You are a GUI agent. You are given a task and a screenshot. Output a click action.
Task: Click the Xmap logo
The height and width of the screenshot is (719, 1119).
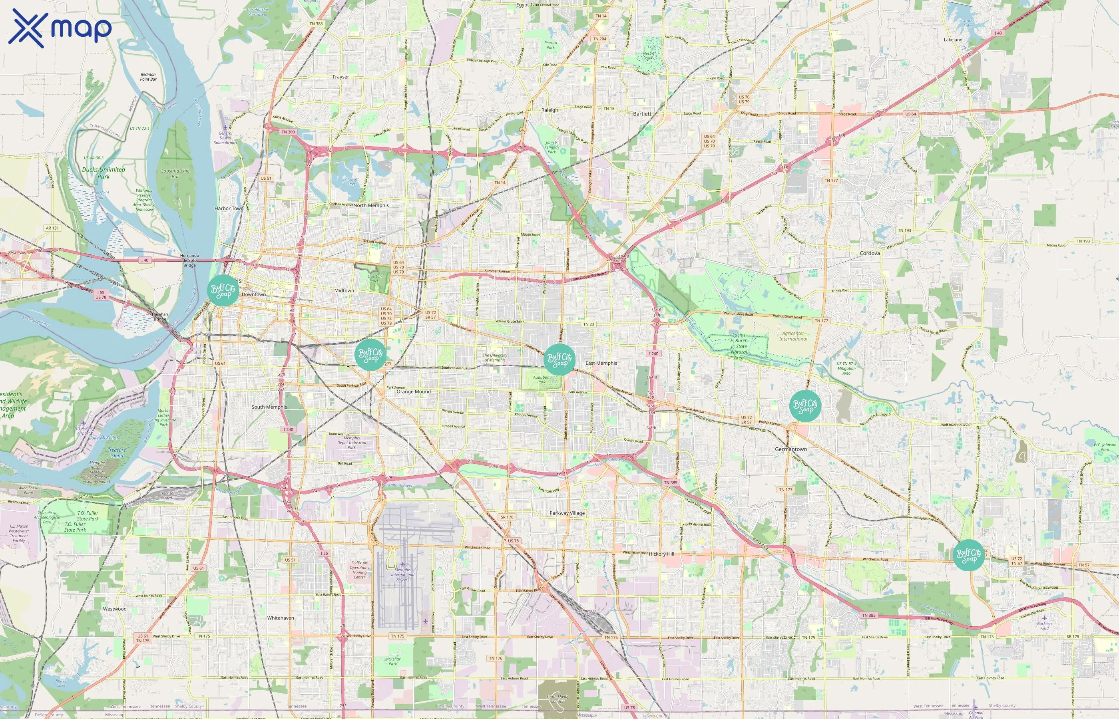60,28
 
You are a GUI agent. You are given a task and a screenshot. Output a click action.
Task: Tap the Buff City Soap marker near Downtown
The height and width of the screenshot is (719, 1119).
223,290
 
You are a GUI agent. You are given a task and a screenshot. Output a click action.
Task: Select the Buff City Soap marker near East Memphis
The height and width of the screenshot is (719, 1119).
559,359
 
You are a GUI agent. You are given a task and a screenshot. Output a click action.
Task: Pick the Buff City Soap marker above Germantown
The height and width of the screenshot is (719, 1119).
805,406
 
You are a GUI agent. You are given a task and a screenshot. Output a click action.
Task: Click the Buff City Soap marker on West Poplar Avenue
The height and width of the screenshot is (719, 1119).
969,555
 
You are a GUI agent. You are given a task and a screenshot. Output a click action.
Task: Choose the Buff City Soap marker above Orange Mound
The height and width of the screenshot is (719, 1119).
370,355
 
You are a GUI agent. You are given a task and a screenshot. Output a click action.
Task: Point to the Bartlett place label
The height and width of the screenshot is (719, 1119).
642,114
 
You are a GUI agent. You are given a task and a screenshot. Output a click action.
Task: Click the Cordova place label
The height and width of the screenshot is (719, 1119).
870,253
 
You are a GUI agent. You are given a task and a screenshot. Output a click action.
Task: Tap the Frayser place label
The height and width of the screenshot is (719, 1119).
340,77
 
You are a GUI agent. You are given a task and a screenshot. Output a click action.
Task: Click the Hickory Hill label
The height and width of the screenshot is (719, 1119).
661,554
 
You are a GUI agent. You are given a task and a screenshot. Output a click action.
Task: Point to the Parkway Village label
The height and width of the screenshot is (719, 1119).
567,513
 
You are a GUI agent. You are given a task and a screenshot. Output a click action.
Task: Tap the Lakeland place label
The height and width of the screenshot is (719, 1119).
953,40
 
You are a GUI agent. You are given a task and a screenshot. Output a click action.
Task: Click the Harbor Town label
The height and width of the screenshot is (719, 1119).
229,208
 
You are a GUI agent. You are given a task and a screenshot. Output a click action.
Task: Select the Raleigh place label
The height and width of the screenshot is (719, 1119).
550,110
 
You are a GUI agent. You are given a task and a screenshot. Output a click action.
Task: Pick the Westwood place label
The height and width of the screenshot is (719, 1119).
114,609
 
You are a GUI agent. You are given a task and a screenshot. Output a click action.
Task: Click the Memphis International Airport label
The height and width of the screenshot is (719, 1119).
402,574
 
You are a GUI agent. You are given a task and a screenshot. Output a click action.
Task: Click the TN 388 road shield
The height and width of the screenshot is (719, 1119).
316,24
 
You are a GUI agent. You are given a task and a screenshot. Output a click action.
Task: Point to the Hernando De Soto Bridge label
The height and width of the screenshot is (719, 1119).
189,260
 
